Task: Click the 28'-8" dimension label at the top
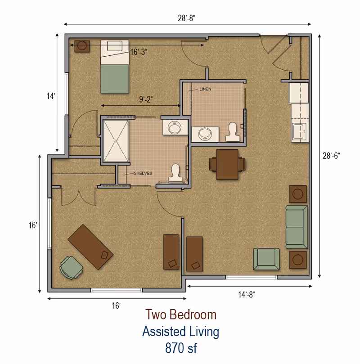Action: [x=186, y=18]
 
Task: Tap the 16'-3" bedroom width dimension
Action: [x=139, y=52]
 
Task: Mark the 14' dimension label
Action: [x=51, y=96]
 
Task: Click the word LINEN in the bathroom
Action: [x=205, y=89]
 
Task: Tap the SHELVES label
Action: [x=143, y=173]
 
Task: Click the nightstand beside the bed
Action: [x=82, y=46]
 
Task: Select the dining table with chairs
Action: [x=227, y=164]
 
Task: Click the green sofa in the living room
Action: [x=297, y=227]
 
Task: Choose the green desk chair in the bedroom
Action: [x=72, y=267]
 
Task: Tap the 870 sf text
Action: [x=180, y=348]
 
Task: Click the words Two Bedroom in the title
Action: [x=180, y=315]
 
